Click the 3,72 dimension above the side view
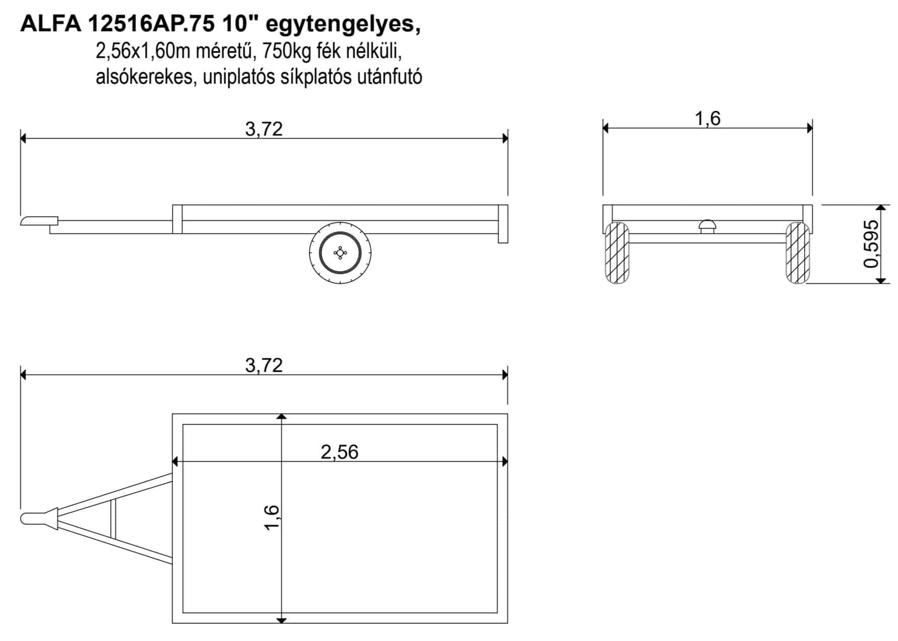[x=264, y=130]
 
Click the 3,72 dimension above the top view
[x=264, y=365]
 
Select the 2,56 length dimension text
[x=339, y=452]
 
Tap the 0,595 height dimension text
[x=871, y=244]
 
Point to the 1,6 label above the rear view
[x=707, y=118]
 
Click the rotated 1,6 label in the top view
[x=271, y=517]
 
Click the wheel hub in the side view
[x=340, y=252]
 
